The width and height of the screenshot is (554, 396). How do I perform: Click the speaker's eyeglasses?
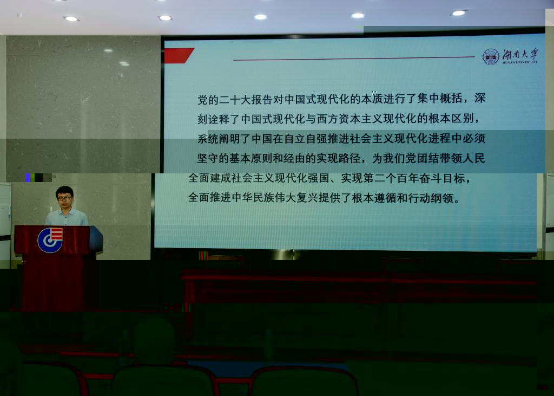click(64, 198)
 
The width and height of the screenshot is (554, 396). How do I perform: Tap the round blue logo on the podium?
click(50, 241)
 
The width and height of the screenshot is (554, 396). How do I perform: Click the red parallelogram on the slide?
click(179, 56)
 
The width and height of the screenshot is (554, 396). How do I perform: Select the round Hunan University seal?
click(491, 57)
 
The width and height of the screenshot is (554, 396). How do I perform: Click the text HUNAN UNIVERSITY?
click(520, 62)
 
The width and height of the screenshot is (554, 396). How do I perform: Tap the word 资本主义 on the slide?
click(361, 119)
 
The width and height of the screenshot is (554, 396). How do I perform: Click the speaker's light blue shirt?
click(67, 217)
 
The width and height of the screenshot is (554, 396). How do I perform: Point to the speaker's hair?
click(64, 191)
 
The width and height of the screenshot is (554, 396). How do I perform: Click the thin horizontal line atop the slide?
click(354, 59)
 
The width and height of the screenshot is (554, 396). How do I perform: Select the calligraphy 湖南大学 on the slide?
click(520, 54)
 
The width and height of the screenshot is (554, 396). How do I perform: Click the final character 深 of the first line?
click(480, 98)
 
